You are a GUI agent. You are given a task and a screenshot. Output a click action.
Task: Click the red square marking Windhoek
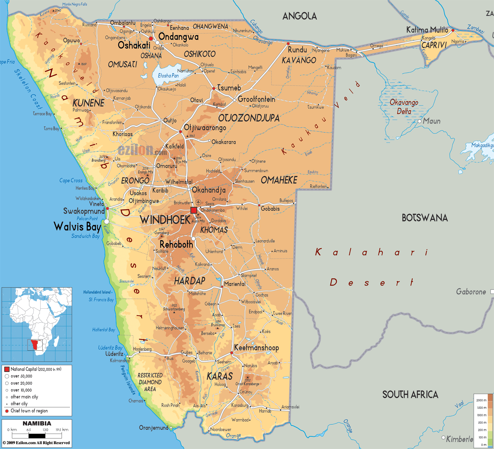pyautogui.click(x=193, y=210)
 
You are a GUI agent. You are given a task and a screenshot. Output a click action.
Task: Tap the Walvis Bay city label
pyautogui.click(x=77, y=226)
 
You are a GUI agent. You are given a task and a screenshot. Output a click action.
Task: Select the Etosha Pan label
pyautogui.click(x=168, y=76)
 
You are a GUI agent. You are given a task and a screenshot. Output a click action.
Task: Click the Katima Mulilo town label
pyautogui.click(x=427, y=30)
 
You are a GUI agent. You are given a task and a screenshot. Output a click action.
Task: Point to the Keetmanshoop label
pyautogui.click(x=256, y=348)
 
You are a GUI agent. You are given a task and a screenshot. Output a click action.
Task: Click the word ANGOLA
pyautogui.click(x=299, y=16)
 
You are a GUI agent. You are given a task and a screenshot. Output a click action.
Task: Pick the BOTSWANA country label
pyautogui.click(x=424, y=218)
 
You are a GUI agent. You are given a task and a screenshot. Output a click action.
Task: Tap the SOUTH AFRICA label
pyautogui.click(x=410, y=395)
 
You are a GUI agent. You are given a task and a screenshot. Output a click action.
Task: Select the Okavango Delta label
pyautogui.click(x=404, y=107)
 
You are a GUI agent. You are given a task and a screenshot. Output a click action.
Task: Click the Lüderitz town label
pyautogui.click(x=114, y=354)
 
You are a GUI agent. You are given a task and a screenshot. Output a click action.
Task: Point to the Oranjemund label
pyautogui.click(x=154, y=428)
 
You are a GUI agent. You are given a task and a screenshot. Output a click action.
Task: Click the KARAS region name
pyautogui.click(x=219, y=376)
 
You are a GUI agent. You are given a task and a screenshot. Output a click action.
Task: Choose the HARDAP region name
pyautogui.click(x=190, y=281)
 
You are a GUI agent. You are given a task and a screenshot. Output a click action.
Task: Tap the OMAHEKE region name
pyautogui.click(x=279, y=180)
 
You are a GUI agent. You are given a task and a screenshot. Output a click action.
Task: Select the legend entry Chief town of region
pyautogui.click(x=29, y=411)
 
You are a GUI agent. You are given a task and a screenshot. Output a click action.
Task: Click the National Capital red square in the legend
pyautogui.click(x=7, y=369)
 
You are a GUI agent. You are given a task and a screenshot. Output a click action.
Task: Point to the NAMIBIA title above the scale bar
pyautogui.click(x=37, y=423)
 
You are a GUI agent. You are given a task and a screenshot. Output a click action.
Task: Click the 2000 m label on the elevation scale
pyautogui.click(x=481, y=400)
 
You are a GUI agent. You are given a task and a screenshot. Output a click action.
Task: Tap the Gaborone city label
pyautogui.click(x=471, y=292)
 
